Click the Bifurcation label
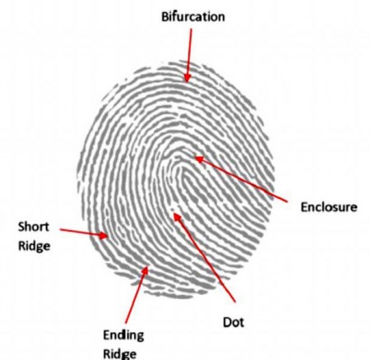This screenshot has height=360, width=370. click(193, 16)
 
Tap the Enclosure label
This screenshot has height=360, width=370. click(329, 207)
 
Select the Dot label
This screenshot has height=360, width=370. click(234, 322)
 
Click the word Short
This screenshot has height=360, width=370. click(34, 227)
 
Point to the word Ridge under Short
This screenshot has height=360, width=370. click(35, 246)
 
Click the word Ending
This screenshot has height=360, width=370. click(123, 335)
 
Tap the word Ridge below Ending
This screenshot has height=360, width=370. click(119, 354)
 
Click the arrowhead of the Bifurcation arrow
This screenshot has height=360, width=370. click(187, 79)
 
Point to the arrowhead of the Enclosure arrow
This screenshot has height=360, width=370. click(198, 159)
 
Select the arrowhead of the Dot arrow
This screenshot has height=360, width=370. click(176, 216)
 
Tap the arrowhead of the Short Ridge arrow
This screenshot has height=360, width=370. click(104, 235)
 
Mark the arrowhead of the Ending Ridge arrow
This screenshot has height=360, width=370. click(146, 270)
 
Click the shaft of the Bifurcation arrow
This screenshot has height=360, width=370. click(189, 52)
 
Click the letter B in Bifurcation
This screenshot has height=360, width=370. click(164, 16)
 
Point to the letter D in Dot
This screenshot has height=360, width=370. click(227, 322)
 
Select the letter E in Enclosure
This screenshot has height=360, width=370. click(303, 207)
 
